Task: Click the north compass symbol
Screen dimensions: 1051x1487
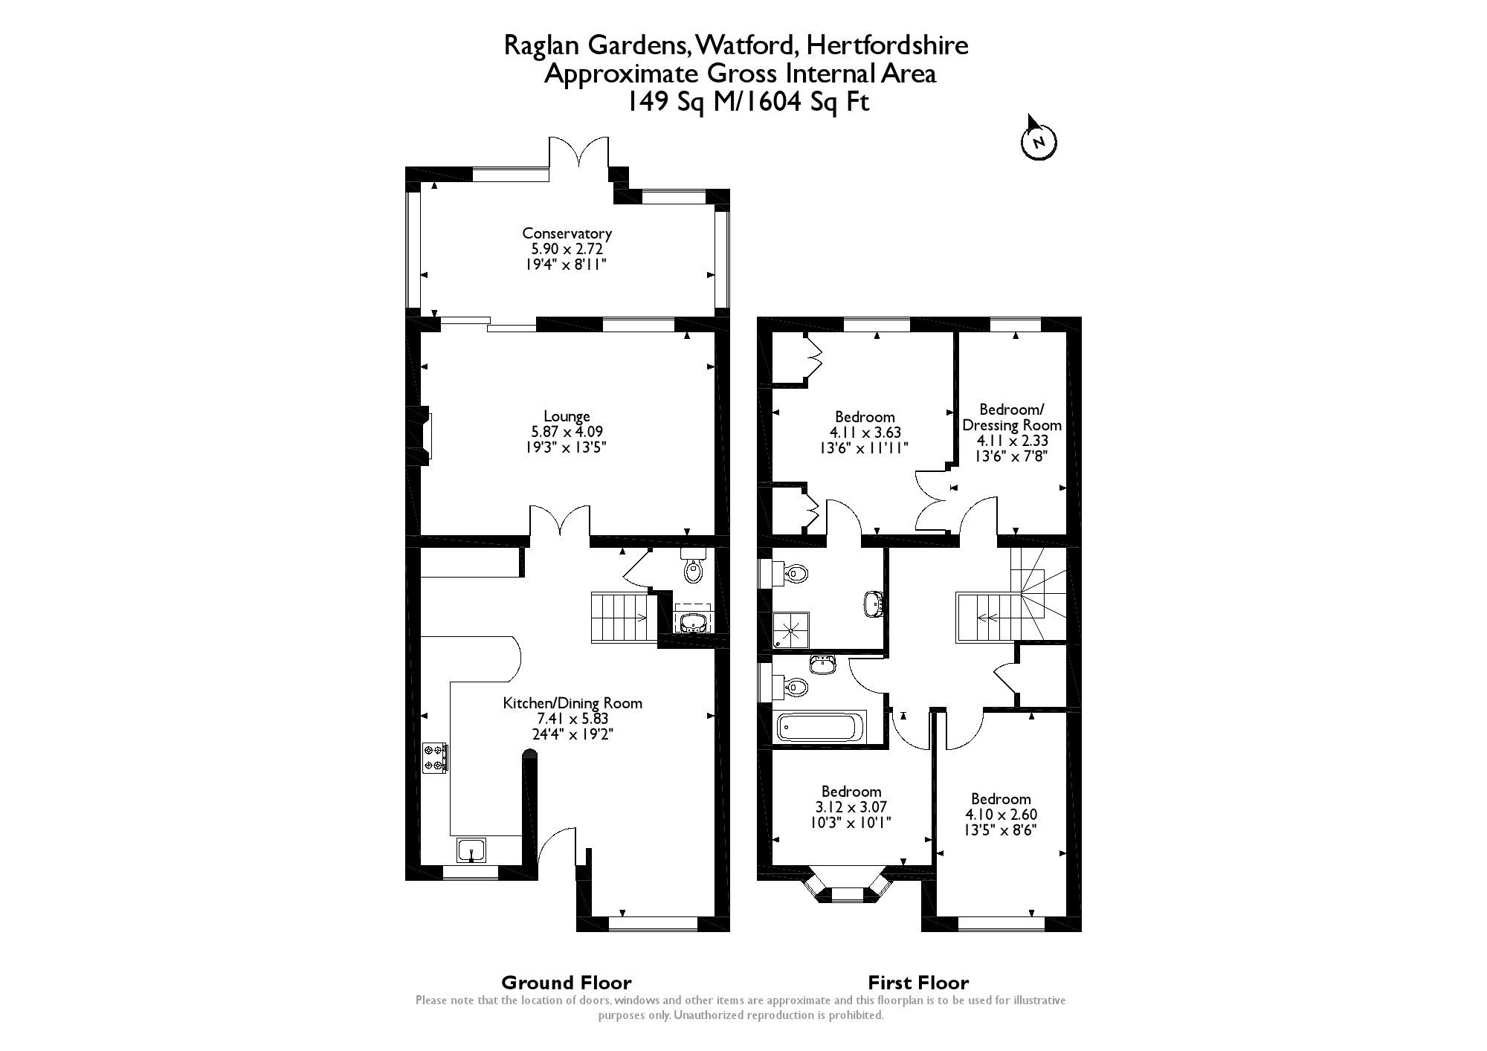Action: (1039, 141)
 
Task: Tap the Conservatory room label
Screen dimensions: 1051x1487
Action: (567, 233)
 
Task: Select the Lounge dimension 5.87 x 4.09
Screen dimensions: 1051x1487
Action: (567, 431)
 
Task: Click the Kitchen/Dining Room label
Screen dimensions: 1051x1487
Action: (572, 703)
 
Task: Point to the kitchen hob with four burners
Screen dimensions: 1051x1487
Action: (434, 758)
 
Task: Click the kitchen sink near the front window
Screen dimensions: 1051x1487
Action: (471, 850)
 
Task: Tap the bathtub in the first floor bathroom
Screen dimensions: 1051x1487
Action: (821, 726)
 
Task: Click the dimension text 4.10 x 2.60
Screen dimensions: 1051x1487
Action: (1001, 815)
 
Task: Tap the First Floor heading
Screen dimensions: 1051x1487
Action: (918, 983)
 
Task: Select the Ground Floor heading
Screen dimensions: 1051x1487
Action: (567, 983)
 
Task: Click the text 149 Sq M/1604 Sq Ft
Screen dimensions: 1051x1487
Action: (747, 101)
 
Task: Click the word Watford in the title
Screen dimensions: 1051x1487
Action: (747, 45)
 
